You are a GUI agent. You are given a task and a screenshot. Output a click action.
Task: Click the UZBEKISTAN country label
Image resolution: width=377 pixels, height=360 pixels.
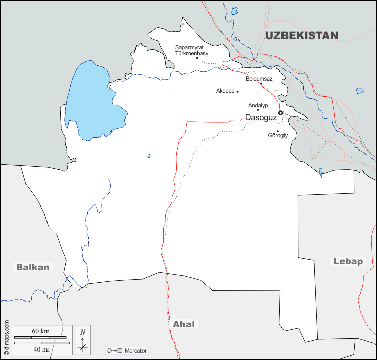pyautogui.click(x=301, y=35)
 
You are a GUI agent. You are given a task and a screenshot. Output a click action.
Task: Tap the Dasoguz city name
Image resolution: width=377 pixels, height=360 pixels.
pyautogui.click(x=260, y=117)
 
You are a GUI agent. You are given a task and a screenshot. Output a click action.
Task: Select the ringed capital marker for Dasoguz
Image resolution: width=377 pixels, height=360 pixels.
pyautogui.click(x=281, y=113)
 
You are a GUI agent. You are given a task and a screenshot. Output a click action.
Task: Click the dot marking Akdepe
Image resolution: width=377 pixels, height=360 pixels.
pyautogui.click(x=237, y=91)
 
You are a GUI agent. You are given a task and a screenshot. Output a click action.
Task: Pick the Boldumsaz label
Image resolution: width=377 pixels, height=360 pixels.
pyautogui.click(x=259, y=79)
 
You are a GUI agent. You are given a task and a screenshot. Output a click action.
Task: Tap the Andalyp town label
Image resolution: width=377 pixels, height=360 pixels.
pyautogui.click(x=258, y=105)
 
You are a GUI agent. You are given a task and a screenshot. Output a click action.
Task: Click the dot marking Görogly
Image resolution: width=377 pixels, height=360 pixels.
pyautogui.click(x=278, y=131)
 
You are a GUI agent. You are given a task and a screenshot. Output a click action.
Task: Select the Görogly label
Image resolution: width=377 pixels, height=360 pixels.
pyautogui.click(x=277, y=136)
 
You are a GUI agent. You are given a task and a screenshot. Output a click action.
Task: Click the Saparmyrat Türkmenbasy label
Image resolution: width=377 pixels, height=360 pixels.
pyautogui.click(x=192, y=50)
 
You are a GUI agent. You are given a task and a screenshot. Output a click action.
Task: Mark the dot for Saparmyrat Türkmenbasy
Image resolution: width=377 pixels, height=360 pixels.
pyautogui.click(x=197, y=58)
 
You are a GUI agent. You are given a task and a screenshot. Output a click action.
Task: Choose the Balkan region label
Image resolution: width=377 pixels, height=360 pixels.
pyautogui.click(x=33, y=267)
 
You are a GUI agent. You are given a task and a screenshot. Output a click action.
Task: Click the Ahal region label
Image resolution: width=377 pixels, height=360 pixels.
pyautogui.click(x=183, y=324)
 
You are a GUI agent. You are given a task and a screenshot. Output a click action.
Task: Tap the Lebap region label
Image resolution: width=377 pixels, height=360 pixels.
pyautogui.click(x=348, y=261)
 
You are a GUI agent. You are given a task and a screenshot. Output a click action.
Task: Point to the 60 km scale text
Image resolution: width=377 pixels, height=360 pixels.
pyautogui.click(x=40, y=331)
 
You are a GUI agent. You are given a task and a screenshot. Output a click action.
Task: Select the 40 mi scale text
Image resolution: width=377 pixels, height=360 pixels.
pyautogui.click(x=40, y=349)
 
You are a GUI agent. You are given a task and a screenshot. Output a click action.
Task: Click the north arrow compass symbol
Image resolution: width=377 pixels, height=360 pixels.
pyautogui.click(x=83, y=340)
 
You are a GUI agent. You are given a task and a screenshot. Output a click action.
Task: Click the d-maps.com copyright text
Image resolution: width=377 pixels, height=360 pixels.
pyautogui.click(x=6, y=337)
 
